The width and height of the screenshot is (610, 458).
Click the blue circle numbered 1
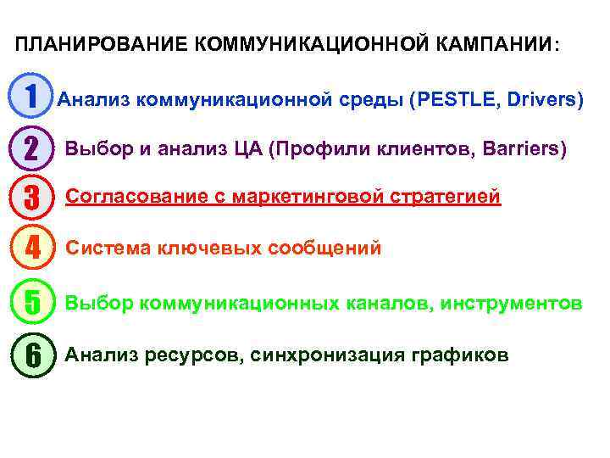(31, 98)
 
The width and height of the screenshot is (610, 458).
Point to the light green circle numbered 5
(31, 302)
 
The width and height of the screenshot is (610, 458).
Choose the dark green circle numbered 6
(31, 354)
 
